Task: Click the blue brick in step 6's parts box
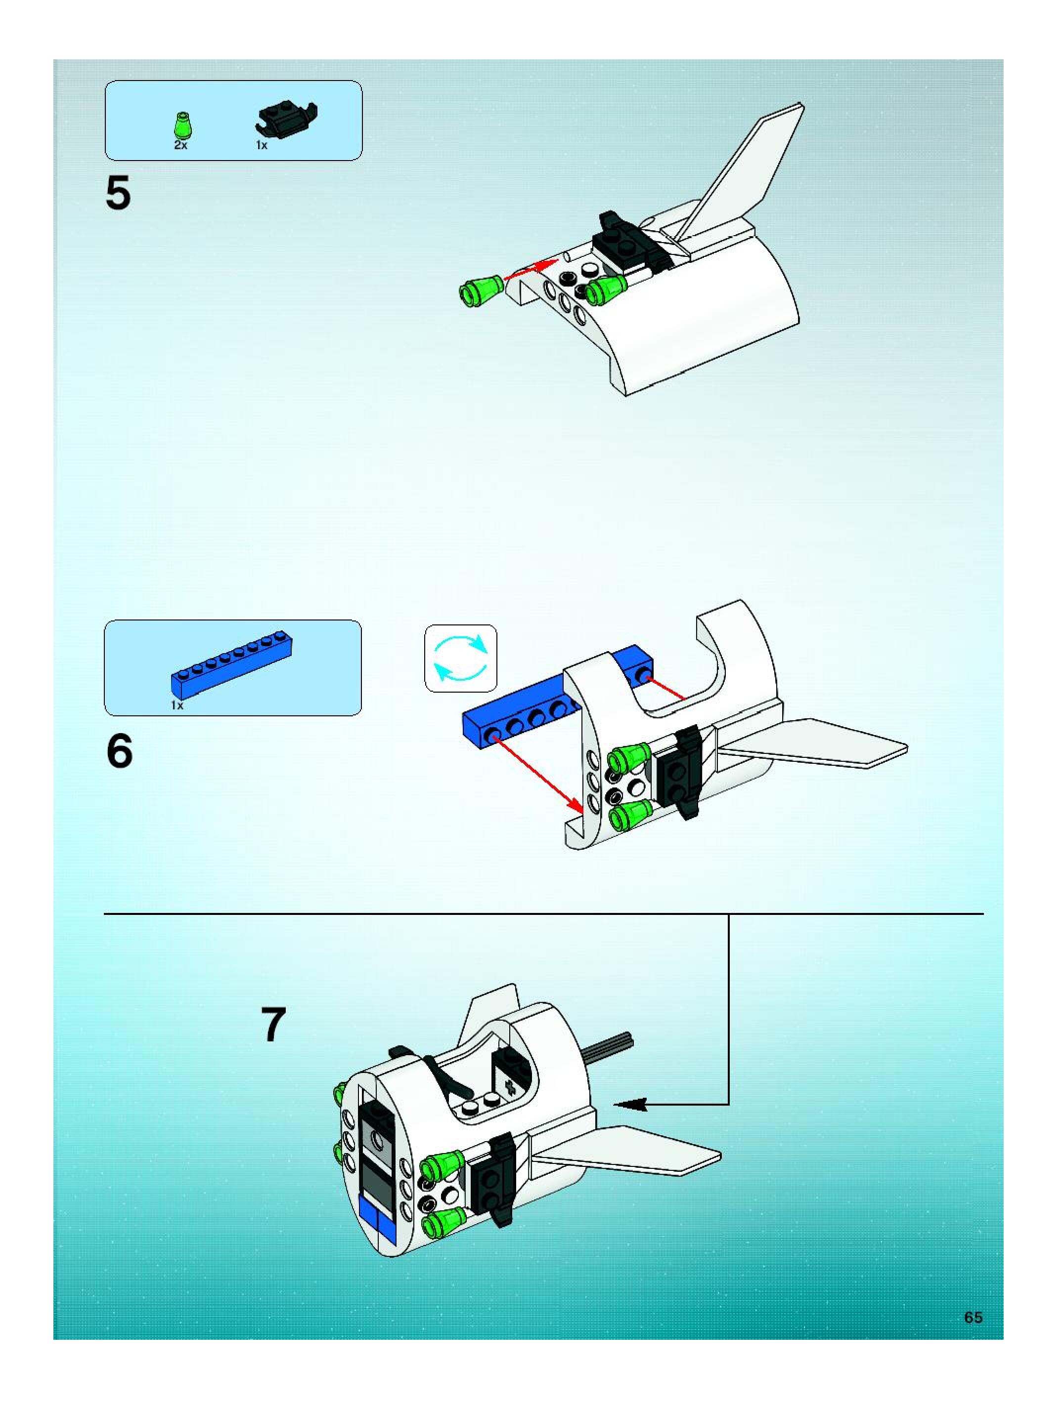[232, 664]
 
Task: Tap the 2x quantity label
[181, 145]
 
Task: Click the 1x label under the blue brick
[177, 705]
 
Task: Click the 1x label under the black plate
[262, 145]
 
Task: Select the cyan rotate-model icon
[460, 658]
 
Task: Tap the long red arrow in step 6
[537, 774]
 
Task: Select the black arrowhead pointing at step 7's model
[631, 1105]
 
